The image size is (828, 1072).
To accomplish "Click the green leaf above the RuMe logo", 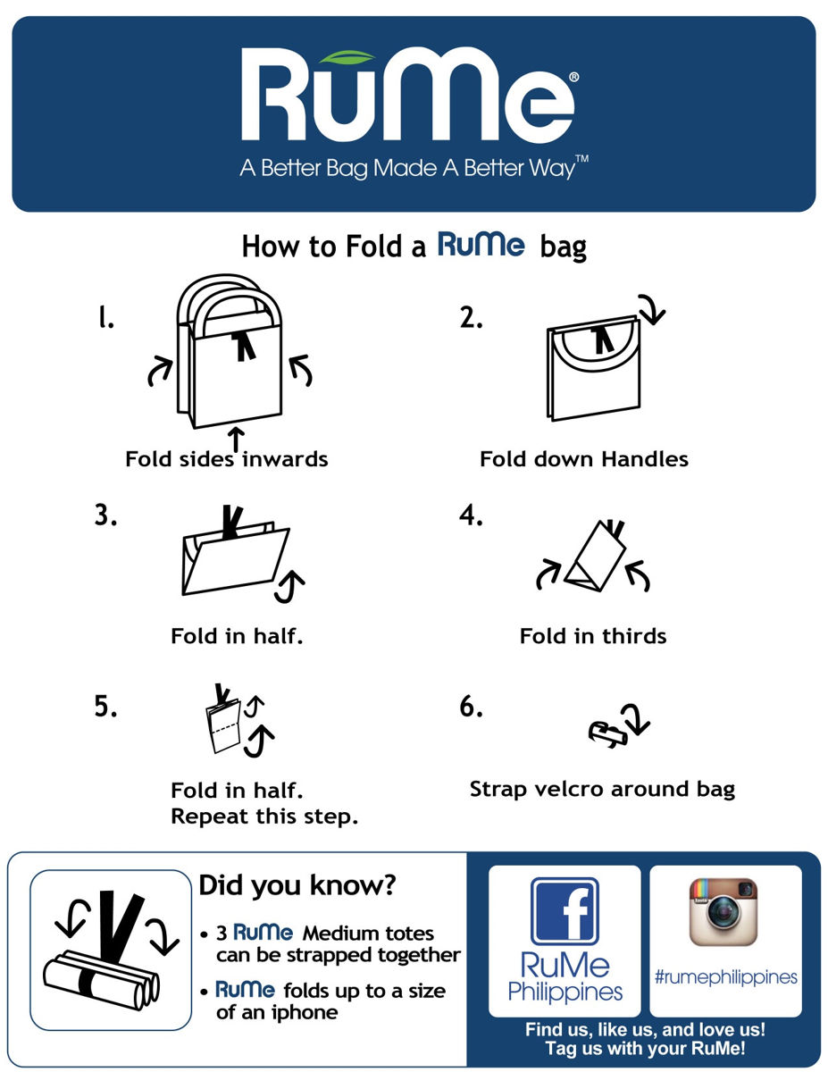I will coord(349,58).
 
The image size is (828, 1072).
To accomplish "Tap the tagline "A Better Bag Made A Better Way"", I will coord(414,169).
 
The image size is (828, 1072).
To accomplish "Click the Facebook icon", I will coord(564,910).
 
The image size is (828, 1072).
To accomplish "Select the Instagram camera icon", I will coord(723,911).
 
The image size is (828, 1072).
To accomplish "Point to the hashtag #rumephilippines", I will coord(725,977).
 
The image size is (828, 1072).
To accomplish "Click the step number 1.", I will coord(106,319).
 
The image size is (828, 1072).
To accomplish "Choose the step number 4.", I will coord(471,515).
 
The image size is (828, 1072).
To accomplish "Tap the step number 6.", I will coord(471,707).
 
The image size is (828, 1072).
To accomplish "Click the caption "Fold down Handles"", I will coord(584,459).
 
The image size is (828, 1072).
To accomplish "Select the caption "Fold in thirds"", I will coord(593,636).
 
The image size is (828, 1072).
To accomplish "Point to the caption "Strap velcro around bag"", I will coord(602,790).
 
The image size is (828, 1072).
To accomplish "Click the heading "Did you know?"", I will coord(297,886).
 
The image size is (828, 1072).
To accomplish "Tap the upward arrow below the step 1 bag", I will coord(236,438).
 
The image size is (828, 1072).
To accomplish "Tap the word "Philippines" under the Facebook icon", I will coord(565,992).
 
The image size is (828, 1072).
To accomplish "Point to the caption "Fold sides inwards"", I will coord(227,459).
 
